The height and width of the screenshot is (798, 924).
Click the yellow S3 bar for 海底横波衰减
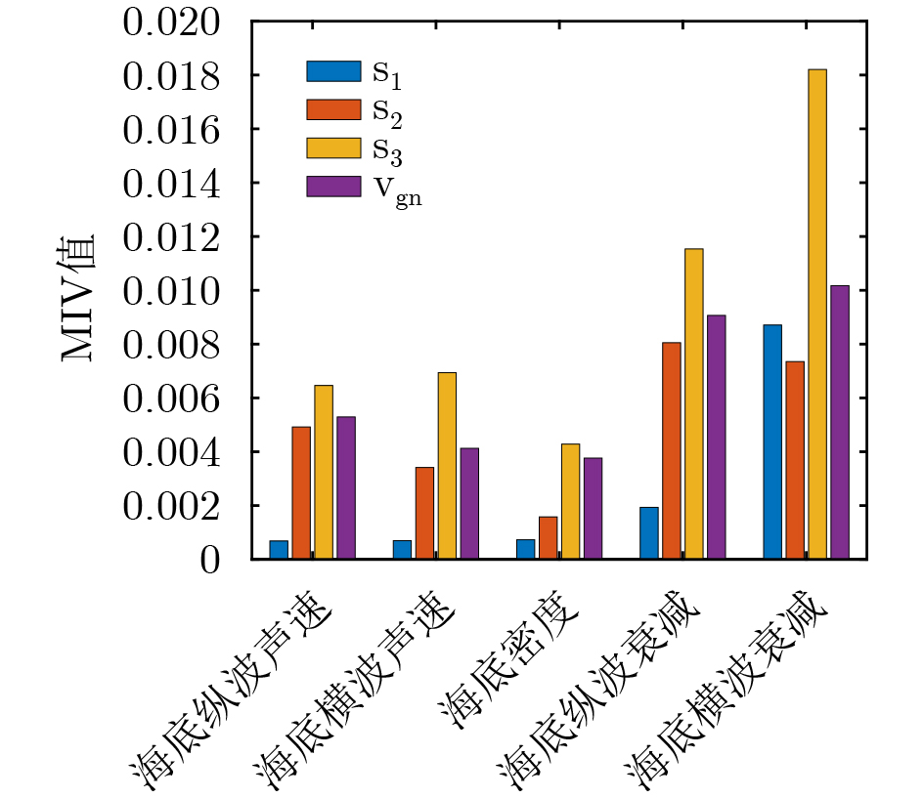(817, 314)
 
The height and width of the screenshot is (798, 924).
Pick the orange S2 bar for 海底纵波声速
(301, 492)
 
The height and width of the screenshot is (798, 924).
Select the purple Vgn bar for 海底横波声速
(469, 503)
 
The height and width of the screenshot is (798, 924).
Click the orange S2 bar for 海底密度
(548, 537)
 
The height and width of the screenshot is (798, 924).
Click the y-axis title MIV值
(80, 297)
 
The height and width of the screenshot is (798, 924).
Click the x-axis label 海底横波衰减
(728, 698)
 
